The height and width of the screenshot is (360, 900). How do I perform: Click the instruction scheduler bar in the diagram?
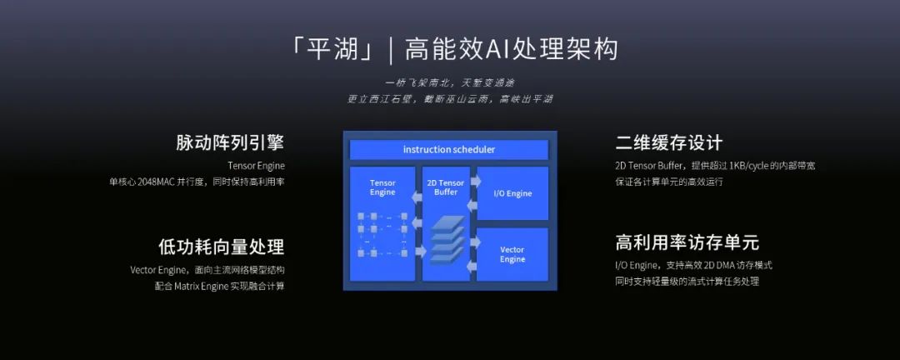click(x=448, y=150)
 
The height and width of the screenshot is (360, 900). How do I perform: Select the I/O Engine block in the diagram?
click(x=512, y=193)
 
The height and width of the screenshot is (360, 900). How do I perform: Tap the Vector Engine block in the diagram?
click(x=512, y=254)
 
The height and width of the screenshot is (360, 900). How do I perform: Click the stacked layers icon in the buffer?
click(x=447, y=239)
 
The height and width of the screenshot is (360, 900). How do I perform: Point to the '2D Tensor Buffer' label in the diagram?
click(x=446, y=187)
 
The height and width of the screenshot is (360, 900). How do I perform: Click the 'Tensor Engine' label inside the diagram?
click(x=382, y=187)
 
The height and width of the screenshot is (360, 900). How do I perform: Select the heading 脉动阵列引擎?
click(x=230, y=142)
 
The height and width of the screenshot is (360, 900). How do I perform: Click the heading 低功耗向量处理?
click(x=221, y=247)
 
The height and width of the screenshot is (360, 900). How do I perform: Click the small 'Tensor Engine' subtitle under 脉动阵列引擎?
click(x=256, y=165)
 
